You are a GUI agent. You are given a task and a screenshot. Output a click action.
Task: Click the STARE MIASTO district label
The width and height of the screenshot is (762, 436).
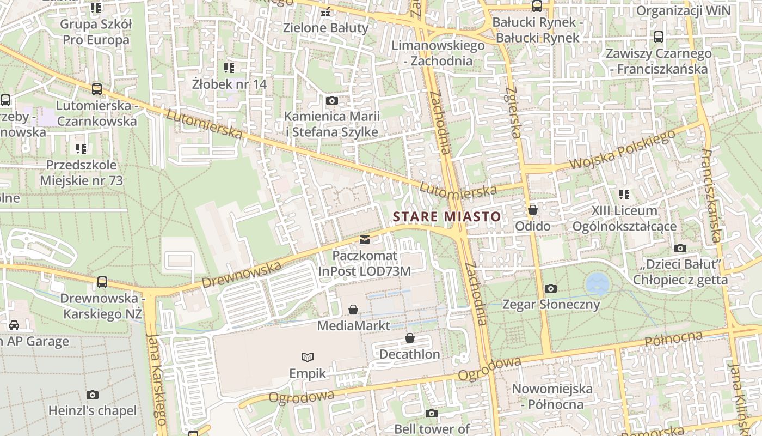coord(446,216)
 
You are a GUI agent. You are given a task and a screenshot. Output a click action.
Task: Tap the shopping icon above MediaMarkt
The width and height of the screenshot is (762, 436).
coord(353,310)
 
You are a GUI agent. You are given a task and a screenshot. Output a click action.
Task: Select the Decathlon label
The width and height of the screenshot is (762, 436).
coord(409,354)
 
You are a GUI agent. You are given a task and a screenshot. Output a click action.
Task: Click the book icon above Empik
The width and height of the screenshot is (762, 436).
coord(308,357)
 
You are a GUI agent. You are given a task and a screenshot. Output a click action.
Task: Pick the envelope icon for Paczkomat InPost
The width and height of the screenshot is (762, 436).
coord(364,239)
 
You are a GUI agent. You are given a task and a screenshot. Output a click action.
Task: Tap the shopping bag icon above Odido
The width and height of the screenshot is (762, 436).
coord(533,210)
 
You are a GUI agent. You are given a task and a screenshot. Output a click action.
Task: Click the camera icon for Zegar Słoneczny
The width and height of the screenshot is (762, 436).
coord(551,288)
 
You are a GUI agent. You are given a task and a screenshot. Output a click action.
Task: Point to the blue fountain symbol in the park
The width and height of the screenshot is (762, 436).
coord(597,284)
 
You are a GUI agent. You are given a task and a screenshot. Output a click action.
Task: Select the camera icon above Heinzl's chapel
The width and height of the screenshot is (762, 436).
coord(93,395)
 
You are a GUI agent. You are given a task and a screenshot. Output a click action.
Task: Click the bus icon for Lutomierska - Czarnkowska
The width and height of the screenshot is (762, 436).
coord(97,89)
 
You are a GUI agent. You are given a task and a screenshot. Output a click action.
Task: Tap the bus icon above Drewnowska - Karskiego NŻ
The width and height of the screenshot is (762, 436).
coord(102,282)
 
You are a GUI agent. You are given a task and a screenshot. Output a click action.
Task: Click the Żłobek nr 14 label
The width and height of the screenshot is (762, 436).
coord(229,84)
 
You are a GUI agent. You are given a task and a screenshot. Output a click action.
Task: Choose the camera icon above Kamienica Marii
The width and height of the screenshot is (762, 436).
coord(331,100)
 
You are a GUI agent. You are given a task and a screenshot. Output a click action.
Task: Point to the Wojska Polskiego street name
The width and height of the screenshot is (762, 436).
coord(622,149)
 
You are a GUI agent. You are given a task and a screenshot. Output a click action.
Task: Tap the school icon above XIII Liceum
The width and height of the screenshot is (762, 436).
coord(624,194)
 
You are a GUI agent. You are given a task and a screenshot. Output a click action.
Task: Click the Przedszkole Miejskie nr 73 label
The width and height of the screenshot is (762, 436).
coord(81,173)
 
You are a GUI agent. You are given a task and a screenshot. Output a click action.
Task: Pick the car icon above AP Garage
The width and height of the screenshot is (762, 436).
coord(14,325)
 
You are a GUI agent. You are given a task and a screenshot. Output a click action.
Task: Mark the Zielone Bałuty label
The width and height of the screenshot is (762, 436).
coord(326,27)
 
